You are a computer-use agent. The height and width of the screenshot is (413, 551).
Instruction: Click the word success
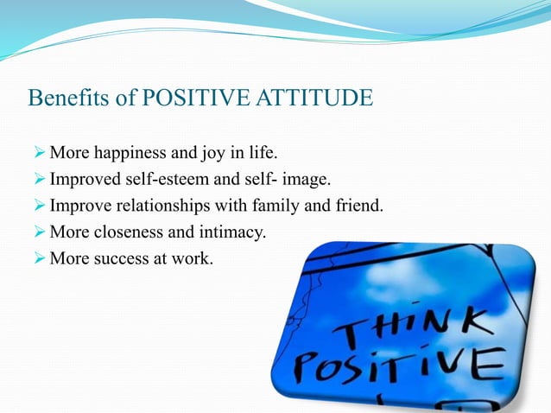(x=121, y=257)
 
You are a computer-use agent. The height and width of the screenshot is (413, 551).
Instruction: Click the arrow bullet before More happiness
(x=38, y=155)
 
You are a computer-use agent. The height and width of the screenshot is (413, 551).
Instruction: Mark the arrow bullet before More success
(x=38, y=257)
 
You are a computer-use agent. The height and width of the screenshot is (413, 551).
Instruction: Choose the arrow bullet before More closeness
(x=38, y=232)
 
